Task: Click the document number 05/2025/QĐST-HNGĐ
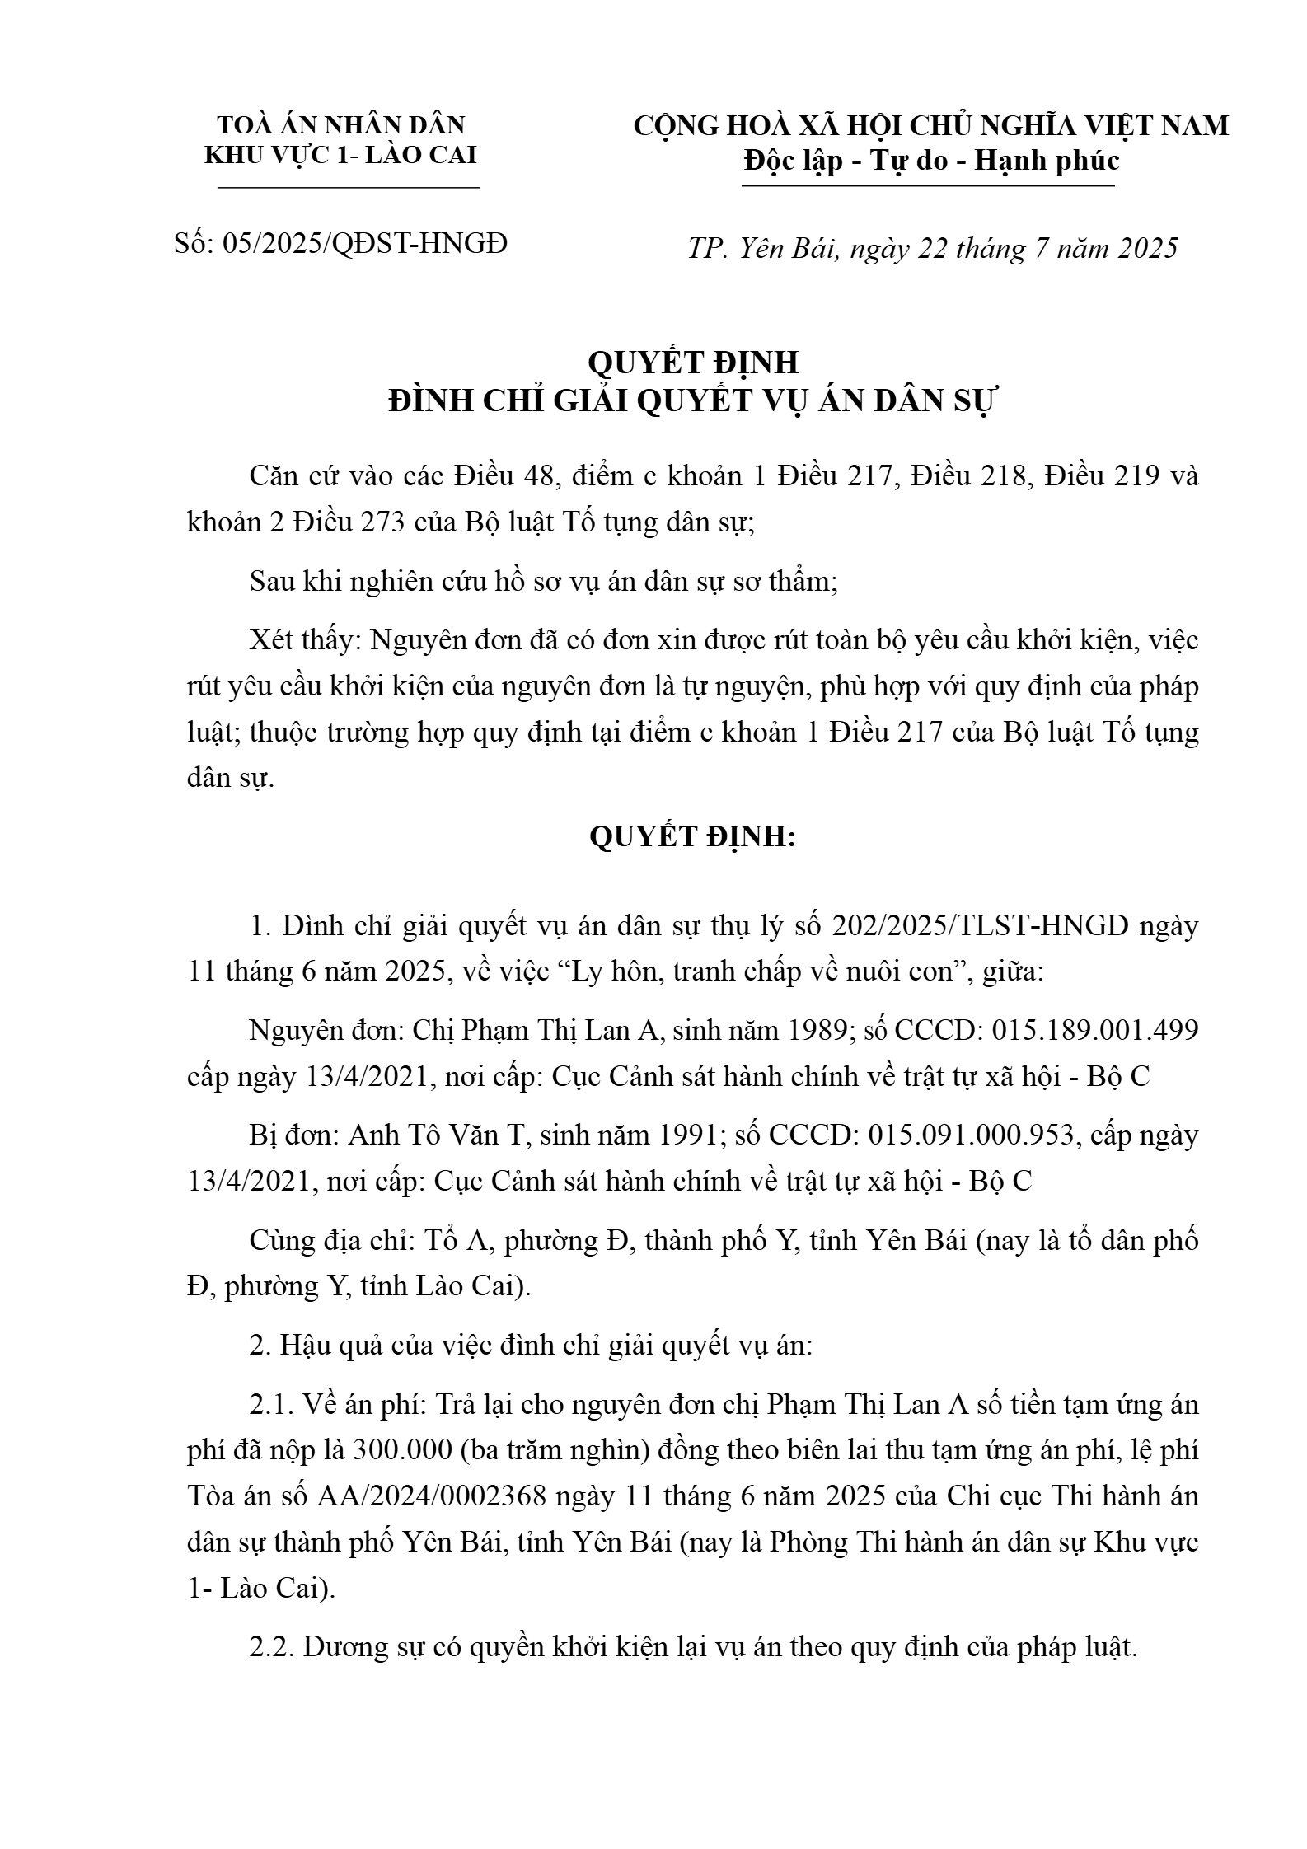pyautogui.click(x=364, y=244)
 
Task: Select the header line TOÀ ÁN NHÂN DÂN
pyautogui.click(x=341, y=125)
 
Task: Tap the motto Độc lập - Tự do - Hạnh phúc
pyautogui.click(x=931, y=161)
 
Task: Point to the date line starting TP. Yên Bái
pyautogui.click(x=933, y=248)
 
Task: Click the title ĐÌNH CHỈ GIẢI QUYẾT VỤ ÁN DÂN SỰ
pyautogui.click(x=693, y=402)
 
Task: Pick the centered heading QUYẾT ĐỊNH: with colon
pyautogui.click(x=693, y=837)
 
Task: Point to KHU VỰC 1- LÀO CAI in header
pyautogui.click(x=341, y=155)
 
